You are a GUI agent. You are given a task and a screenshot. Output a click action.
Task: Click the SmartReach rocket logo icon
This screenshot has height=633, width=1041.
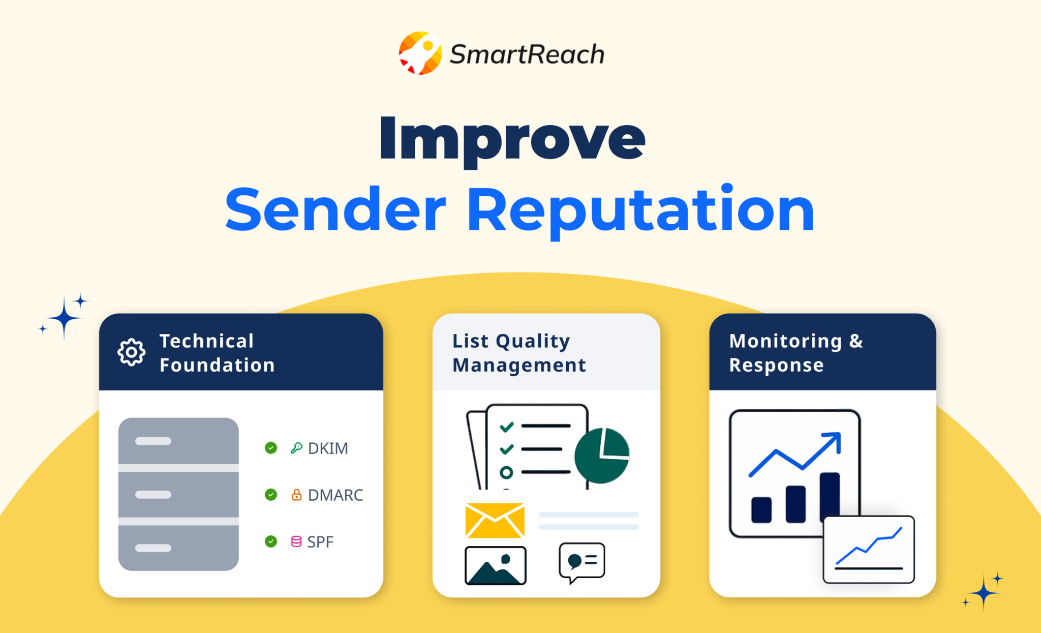tap(420, 53)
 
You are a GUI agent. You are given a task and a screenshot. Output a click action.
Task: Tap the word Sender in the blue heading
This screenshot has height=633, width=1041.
tap(335, 209)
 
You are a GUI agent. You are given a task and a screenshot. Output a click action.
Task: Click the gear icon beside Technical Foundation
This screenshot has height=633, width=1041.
tap(132, 352)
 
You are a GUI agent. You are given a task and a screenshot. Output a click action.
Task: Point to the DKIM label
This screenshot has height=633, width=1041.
tap(328, 448)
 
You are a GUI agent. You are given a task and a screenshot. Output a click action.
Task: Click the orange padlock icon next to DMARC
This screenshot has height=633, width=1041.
tap(296, 495)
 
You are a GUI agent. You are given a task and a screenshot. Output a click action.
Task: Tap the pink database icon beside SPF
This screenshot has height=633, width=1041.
tap(296, 541)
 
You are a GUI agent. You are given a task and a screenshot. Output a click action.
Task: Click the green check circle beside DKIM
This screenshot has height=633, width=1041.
tap(271, 448)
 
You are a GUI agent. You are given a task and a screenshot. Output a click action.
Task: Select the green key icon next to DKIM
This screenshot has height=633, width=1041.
tap(296, 448)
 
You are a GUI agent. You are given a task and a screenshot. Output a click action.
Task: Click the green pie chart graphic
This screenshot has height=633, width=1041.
tap(602, 456)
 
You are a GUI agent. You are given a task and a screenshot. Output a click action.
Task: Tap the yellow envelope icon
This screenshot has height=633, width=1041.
tap(495, 520)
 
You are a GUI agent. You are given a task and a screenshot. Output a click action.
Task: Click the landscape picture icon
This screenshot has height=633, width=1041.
tap(496, 565)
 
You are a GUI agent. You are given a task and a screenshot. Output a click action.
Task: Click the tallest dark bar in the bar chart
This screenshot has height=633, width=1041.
tap(830, 497)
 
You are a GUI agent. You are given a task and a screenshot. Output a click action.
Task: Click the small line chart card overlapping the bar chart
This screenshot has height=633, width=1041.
tap(869, 550)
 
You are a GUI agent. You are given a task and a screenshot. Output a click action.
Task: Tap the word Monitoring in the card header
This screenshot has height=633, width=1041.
tap(786, 342)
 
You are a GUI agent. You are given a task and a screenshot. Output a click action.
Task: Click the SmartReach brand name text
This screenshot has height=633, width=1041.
tap(527, 54)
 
